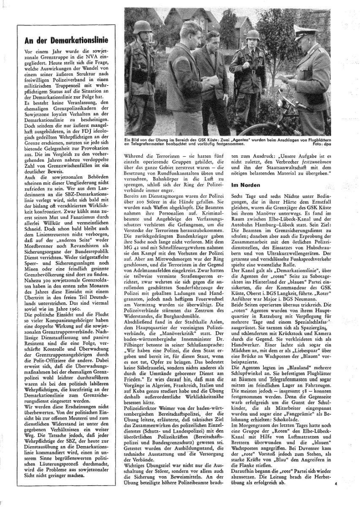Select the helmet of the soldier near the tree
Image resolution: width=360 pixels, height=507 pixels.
[253, 35]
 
